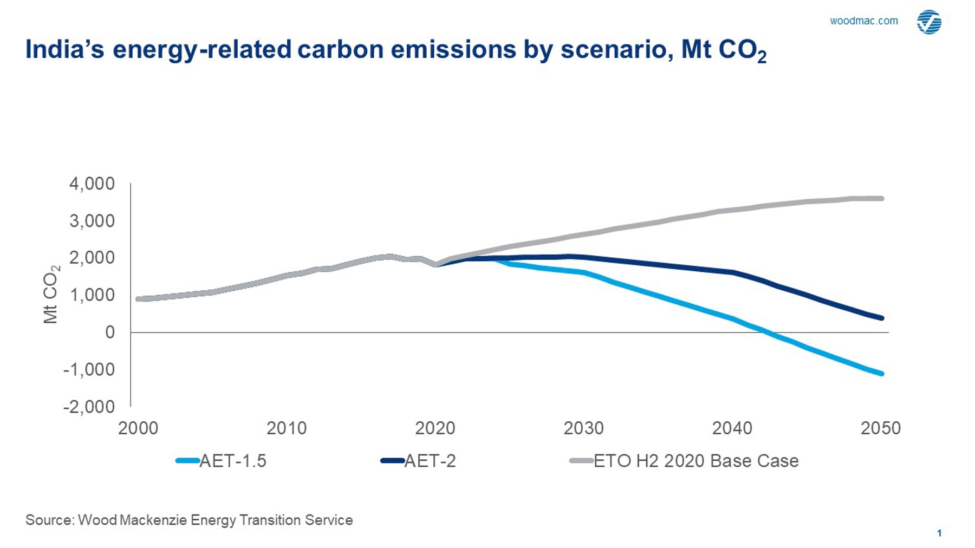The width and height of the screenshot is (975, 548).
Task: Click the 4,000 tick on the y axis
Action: tap(92, 184)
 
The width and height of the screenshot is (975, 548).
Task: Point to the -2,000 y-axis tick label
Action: tap(89, 407)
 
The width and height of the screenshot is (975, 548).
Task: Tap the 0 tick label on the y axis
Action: tap(109, 332)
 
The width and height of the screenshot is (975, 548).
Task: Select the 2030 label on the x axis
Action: tap(583, 428)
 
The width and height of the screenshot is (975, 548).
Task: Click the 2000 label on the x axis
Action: tap(138, 428)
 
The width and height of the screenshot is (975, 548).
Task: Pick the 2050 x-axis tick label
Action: tap(880, 428)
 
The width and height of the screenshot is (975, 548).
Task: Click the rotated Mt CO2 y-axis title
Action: tap(51, 295)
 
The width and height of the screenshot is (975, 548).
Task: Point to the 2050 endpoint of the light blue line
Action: tap(882, 374)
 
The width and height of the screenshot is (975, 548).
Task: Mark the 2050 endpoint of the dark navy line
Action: tap(882, 318)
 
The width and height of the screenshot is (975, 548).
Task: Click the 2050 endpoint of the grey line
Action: tap(882, 199)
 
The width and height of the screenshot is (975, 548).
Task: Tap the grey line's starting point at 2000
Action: tap(139, 299)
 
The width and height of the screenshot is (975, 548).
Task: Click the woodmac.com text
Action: tap(863, 21)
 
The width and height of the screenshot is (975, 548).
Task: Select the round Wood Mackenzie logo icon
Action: tap(928, 22)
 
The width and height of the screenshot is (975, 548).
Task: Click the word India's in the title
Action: tap(64, 49)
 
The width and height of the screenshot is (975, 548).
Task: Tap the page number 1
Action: tap(939, 533)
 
